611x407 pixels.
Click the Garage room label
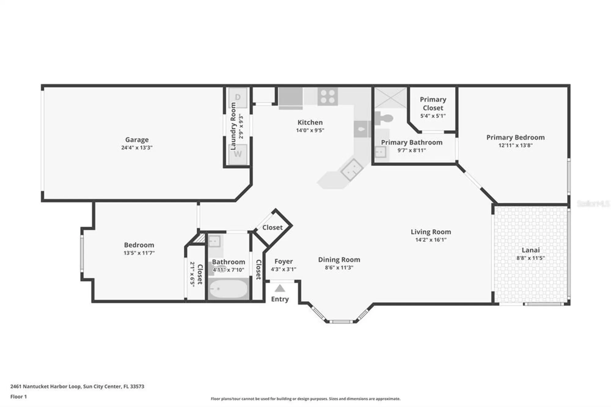[x=137, y=140]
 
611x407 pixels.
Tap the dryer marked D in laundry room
[x=238, y=97]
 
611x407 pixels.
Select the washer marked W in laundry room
[x=238, y=154]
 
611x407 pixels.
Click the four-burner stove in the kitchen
[x=327, y=96]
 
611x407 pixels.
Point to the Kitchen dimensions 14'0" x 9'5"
[x=310, y=130]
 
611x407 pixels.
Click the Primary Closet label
[x=433, y=104]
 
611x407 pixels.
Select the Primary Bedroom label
[x=515, y=137]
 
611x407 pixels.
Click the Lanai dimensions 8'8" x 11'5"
[x=530, y=258]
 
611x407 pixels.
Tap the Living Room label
[x=430, y=232]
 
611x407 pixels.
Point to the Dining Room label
[x=339, y=260]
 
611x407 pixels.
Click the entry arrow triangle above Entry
[x=280, y=288]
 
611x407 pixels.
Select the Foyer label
[x=283, y=262]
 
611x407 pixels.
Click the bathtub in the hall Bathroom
[x=228, y=289]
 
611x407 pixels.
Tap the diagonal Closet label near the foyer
[x=272, y=228]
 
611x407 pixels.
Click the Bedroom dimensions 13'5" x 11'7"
[x=139, y=253]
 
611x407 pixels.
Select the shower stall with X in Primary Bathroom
[x=390, y=98]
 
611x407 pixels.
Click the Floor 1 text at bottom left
[x=18, y=397]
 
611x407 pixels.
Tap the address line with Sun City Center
[x=77, y=386]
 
